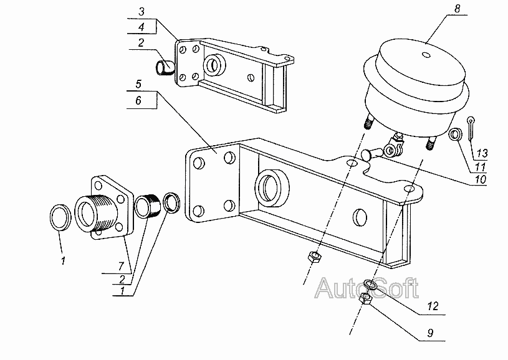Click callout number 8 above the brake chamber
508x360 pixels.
457,9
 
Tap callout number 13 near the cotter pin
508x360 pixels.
482,153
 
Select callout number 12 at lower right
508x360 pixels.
433,306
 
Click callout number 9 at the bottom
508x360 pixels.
430,333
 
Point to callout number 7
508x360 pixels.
121,266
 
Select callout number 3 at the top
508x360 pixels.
141,12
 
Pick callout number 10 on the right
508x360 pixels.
481,179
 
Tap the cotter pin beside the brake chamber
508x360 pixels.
470,128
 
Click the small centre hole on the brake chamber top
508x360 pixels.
427,55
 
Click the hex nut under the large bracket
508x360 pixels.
314,257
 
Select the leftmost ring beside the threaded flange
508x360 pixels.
60,218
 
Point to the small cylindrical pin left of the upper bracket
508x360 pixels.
165,68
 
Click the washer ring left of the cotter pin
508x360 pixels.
455,135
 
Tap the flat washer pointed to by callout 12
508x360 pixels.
370,285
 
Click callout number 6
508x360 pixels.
138,100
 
